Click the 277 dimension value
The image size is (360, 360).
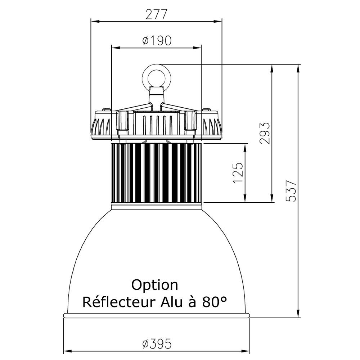[x=156, y=15]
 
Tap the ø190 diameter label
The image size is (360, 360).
[x=157, y=41]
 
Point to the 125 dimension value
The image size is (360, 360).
[x=238, y=173]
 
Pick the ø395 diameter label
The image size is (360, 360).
[x=157, y=344]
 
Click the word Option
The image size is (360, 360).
[x=154, y=285]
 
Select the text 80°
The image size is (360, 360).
[x=215, y=302]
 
